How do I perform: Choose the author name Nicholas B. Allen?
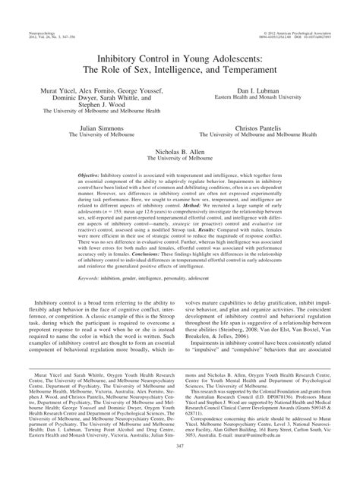click(180, 152)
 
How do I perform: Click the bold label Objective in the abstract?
click(92, 173)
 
